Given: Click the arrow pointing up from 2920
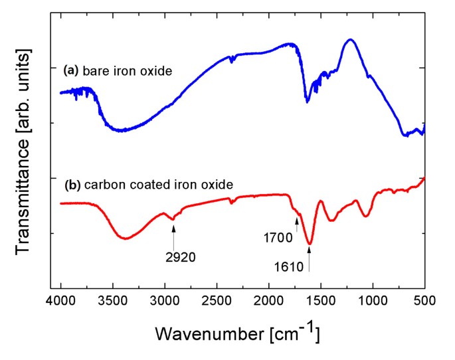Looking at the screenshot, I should [x=173, y=235].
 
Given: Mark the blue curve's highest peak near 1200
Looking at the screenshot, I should [x=349, y=40].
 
